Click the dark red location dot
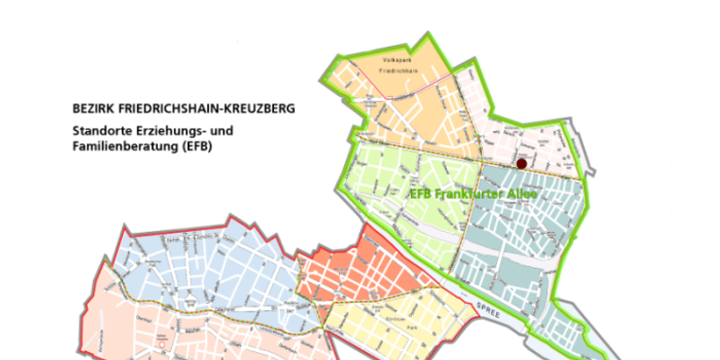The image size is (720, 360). pyautogui.click(x=522, y=164)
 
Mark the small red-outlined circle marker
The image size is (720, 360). pyautogui.click(x=162, y=343)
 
